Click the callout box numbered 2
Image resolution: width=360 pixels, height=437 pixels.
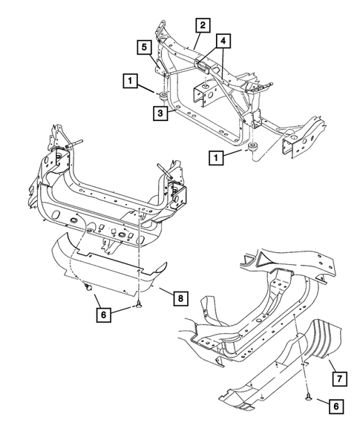click(x=202, y=24)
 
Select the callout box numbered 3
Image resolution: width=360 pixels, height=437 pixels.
click(x=160, y=113)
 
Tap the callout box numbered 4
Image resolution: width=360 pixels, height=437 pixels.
click(x=224, y=42)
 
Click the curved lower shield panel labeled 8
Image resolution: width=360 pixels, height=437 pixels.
click(x=108, y=267)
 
